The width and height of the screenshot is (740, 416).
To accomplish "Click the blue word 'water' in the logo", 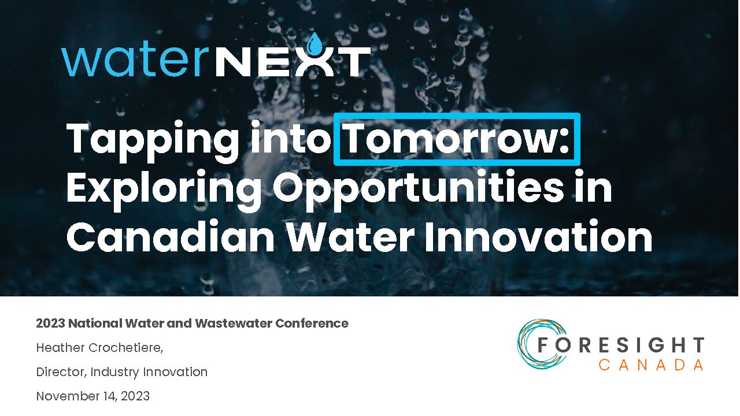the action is coord(135,61).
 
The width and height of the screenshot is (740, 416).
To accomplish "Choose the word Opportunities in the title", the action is coord(418,191).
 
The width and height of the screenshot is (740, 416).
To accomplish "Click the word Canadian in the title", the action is coord(171,237).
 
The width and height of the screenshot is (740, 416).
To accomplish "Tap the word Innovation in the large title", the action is coord(538,237).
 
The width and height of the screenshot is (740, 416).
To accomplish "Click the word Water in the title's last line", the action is coord(350,237).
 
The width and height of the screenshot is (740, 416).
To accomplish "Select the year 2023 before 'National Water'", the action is coord(50,323).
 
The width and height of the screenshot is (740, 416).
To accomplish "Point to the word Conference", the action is coord(312,323).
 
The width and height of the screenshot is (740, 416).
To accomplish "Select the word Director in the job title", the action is coord(61,372).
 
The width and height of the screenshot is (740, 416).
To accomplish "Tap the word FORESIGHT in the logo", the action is coord(621,345).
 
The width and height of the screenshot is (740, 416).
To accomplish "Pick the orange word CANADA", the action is coord(651,365).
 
